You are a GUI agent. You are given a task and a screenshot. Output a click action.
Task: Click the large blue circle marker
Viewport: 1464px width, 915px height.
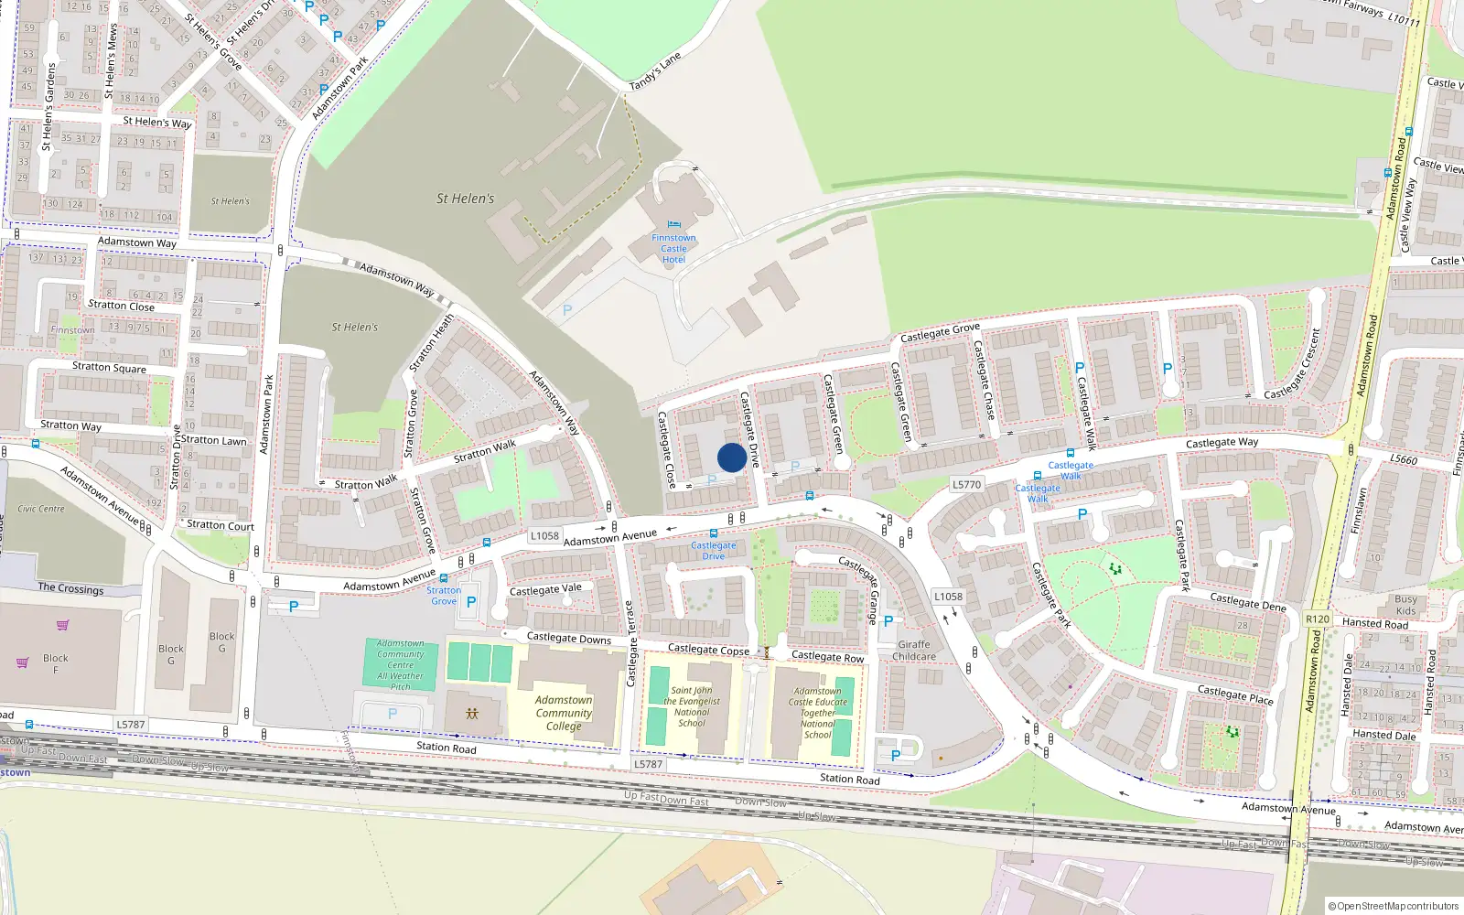pos(731,457)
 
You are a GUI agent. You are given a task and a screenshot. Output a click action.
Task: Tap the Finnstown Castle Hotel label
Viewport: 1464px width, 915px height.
pos(673,249)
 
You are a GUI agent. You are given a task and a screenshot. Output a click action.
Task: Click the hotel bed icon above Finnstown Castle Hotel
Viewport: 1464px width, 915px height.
pos(674,224)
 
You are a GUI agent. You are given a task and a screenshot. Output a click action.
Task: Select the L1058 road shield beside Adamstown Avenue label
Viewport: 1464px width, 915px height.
pos(544,536)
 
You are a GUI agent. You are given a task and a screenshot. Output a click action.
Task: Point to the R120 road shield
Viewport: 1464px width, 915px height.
pos(1317,619)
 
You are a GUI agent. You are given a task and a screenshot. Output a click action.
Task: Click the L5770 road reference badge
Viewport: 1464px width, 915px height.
pos(966,485)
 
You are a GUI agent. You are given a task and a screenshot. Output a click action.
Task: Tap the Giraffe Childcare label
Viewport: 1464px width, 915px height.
pos(914,651)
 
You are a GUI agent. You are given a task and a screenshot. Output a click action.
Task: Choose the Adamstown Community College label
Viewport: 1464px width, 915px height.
pos(564,713)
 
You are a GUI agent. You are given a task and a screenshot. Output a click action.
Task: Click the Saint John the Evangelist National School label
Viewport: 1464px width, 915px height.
pos(692,707)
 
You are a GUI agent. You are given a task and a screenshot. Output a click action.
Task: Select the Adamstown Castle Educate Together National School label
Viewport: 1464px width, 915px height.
pos(817,713)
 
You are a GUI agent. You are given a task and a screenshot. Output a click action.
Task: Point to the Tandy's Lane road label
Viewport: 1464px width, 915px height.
pos(655,71)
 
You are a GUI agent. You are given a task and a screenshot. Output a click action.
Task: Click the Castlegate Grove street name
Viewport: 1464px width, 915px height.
pos(940,332)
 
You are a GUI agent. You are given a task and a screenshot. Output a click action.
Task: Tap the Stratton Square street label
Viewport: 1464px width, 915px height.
pos(109,367)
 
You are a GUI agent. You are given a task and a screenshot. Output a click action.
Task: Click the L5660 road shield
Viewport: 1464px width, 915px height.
pos(1403,459)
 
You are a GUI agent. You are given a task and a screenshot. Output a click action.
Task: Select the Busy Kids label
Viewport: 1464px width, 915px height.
pos(1405,605)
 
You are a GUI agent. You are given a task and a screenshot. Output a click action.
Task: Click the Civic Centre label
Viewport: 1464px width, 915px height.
pos(41,509)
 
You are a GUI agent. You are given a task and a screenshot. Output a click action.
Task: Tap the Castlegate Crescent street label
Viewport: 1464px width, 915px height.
pos(1293,364)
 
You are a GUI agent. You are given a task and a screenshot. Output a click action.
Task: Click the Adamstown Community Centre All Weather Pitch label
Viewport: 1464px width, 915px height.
pos(401,665)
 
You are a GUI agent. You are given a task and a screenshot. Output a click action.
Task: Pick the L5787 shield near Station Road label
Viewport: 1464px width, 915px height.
pos(648,764)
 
